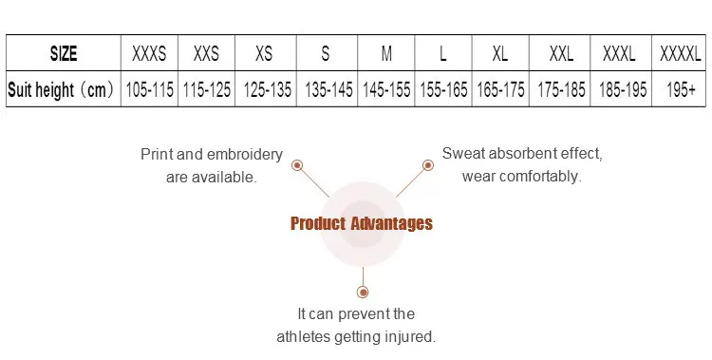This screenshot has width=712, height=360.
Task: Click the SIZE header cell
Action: (x=64, y=53)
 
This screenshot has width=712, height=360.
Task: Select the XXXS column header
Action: (x=149, y=53)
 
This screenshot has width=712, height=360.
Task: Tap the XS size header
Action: (x=264, y=53)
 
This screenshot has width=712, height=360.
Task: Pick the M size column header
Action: (x=386, y=53)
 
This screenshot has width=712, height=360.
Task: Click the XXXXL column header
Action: (x=681, y=53)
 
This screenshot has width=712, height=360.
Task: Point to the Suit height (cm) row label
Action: (x=61, y=89)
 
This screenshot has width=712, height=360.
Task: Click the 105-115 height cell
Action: (x=149, y=89)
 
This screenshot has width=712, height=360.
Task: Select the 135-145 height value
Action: (x=328, y=89)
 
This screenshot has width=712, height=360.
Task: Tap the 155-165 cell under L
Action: (x=443, y=89)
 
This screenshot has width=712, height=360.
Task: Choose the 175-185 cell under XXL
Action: (x=562, y=89)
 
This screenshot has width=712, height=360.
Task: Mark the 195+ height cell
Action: (x=681, y=89)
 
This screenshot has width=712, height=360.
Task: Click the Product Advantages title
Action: (x=362, y=223)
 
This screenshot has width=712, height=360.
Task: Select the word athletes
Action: (x=304, y=337)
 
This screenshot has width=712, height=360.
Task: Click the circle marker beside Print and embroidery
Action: (x=297, y=165)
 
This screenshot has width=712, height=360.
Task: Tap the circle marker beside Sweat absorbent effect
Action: (x=428, y=165)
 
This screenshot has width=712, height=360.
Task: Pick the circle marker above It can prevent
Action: (x=363, y=292)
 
